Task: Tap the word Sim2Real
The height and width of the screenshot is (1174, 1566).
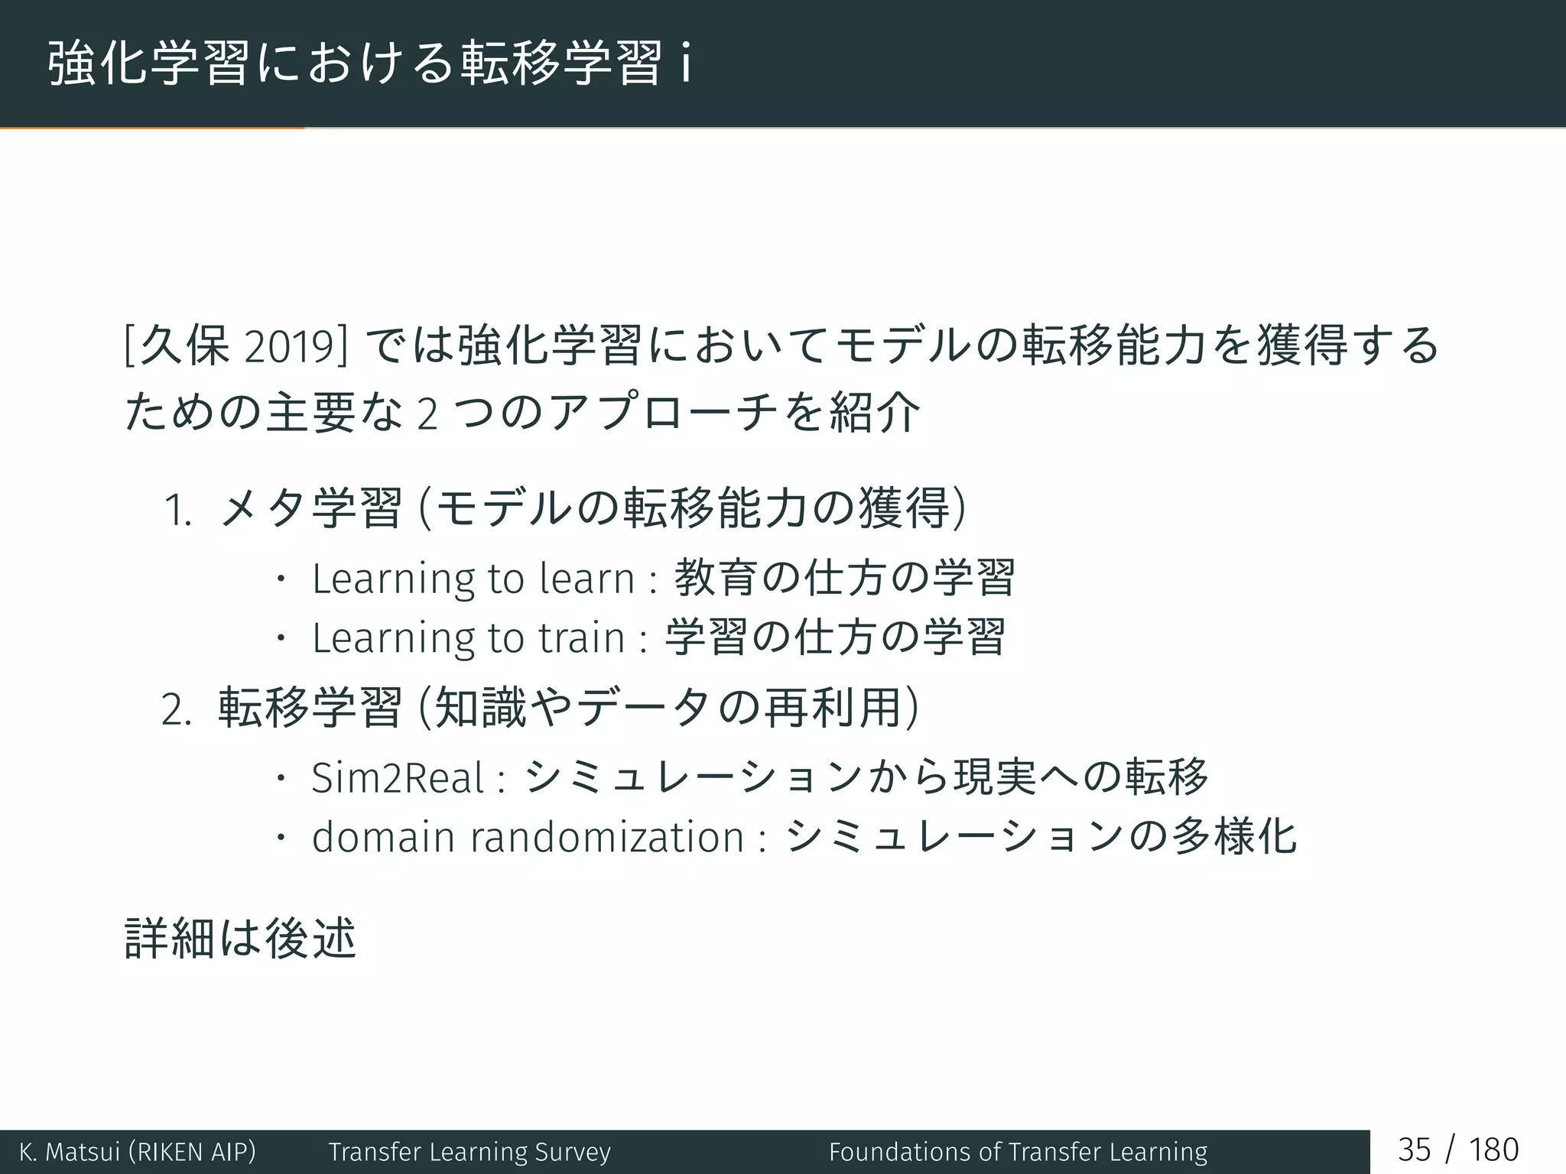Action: point(398,779)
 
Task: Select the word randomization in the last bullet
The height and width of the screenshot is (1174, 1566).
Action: point(606,838)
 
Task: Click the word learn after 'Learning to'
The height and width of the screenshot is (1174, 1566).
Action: point(586,579)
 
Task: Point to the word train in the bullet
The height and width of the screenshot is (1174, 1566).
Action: point(581,638)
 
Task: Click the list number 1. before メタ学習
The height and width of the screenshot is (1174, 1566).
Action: point(177,511)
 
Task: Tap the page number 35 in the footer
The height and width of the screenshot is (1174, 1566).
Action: point(1414,1150)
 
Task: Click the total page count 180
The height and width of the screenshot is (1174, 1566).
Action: point(1493,1150)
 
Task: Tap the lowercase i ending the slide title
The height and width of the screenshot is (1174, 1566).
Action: point(686,64)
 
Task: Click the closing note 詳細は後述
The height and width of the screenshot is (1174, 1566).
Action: point(239,939)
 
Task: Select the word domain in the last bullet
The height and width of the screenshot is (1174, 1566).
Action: point(383,838)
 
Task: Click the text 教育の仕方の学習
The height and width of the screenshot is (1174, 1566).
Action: point(844,578)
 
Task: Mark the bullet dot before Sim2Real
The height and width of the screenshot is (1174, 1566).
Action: point(281,779)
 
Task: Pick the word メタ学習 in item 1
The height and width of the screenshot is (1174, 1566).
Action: point(310,509)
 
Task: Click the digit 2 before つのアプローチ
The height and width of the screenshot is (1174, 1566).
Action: point(427,415)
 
